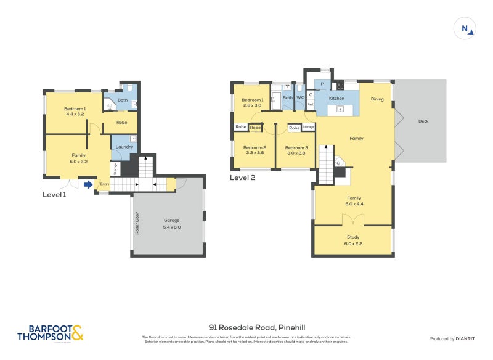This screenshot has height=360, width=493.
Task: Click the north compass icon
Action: (x=465, y=28)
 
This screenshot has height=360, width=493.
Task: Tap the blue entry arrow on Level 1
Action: (x=89, y=184)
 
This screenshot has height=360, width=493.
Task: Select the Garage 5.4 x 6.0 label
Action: (x=172, y=224)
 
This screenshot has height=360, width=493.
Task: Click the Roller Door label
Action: (x=137, y=224)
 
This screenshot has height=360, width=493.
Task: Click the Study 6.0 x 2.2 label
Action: (x=353, y=239)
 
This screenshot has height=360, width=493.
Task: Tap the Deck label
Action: (x=423, y=121)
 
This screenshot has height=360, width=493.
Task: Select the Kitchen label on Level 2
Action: (x=336, y=99)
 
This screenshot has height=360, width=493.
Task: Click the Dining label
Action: (x=377, y=99)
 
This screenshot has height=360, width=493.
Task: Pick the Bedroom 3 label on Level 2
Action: (x=297, y=150)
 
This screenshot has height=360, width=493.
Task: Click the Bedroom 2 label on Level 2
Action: (x=254, y=150)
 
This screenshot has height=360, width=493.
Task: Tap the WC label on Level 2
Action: (x=300, y=97)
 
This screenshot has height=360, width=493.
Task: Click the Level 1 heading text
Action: (x=54, y=194)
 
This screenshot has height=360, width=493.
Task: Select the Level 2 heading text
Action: (x=242, y=178)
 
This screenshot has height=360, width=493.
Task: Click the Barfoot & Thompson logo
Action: (x=50, y=333)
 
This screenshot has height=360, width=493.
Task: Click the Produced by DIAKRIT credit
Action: (x=451, y=338)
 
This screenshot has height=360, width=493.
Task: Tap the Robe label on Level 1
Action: (x=122, y=122)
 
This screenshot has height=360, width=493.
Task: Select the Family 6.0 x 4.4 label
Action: (x=353, y=200)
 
